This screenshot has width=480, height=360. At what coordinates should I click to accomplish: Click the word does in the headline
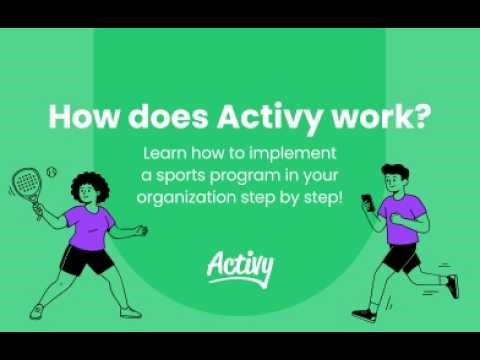162,117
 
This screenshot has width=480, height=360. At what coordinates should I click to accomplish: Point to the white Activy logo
239,266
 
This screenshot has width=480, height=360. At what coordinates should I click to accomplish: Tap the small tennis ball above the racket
51,168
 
